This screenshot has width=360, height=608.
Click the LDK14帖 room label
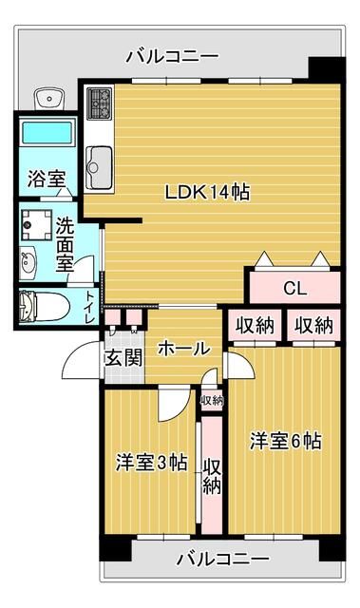click(207, 192)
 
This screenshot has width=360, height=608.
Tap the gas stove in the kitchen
click(99, 104)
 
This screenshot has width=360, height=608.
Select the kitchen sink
click(99, 167)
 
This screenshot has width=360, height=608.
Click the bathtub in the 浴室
click(47, 133)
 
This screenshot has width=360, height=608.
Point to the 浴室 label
click(47, 180)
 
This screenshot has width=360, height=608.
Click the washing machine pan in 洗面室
click(37, 225)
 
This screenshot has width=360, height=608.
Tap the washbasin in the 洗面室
click(28, 263)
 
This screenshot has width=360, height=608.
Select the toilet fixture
click(45, 306)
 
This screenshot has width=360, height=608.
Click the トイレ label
click(90, 307)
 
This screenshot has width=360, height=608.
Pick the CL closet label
click(294, 288)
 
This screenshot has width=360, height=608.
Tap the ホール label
click(183, 349)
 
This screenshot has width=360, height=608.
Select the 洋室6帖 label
click(286, 441)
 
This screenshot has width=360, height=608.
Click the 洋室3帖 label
click(152, 463)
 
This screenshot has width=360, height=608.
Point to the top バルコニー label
click(173, 57)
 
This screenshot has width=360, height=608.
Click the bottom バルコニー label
click(223, 559)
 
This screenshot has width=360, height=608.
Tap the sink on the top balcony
click(49, 98)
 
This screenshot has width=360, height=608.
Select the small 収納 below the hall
click(212, 401)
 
